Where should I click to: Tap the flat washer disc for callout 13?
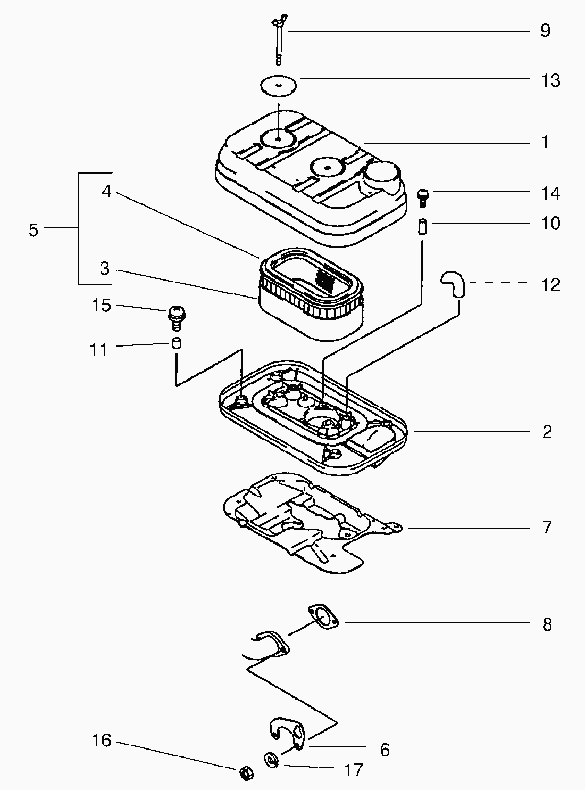pos(278,86)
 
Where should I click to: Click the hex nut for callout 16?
pos(245,771)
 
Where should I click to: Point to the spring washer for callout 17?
pos(272,759)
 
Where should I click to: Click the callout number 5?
pos(34,230)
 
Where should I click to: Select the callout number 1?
pos(545,143)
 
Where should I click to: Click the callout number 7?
pos(547,528)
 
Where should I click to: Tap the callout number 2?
pos(547,432)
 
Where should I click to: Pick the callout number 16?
pos(101,740)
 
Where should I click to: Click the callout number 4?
pos(106,192)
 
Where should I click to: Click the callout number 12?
pos(550,285)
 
